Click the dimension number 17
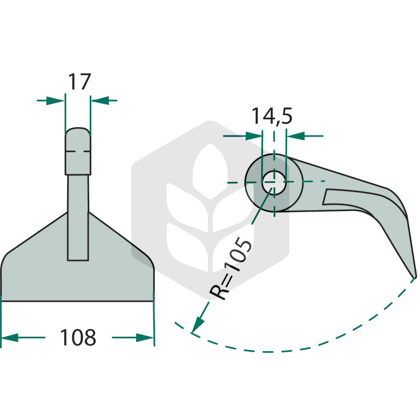point(80,82)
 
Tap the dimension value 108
point(78,337)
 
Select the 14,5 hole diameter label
point(271,117)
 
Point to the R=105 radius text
point(230,269)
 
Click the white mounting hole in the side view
point(274,182)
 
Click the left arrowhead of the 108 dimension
point(10,338)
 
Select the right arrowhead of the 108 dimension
point(145,338)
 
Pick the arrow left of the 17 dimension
point(50,101)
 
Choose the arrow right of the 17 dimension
point(104,101)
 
